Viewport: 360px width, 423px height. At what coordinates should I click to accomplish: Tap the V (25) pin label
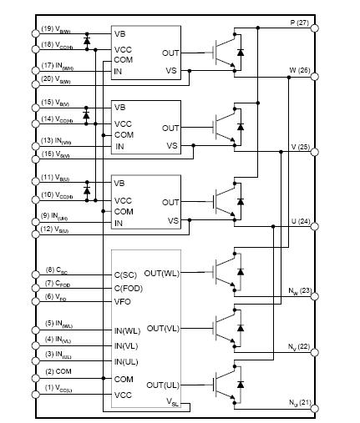click(x=298, y=147)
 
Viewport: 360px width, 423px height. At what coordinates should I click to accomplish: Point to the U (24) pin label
click(x=298, y=223)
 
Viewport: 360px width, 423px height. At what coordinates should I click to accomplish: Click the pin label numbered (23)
click(x=299, y=292)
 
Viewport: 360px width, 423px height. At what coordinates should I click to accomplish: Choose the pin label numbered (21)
click(x=299, y=403)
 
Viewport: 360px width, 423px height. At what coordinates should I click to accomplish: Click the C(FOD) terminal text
click(x=129, y=289)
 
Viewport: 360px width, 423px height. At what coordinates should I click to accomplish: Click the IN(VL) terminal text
click(x=126, y=345)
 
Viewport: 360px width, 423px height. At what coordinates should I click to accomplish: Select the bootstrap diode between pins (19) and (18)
click(x=87, y=39)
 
